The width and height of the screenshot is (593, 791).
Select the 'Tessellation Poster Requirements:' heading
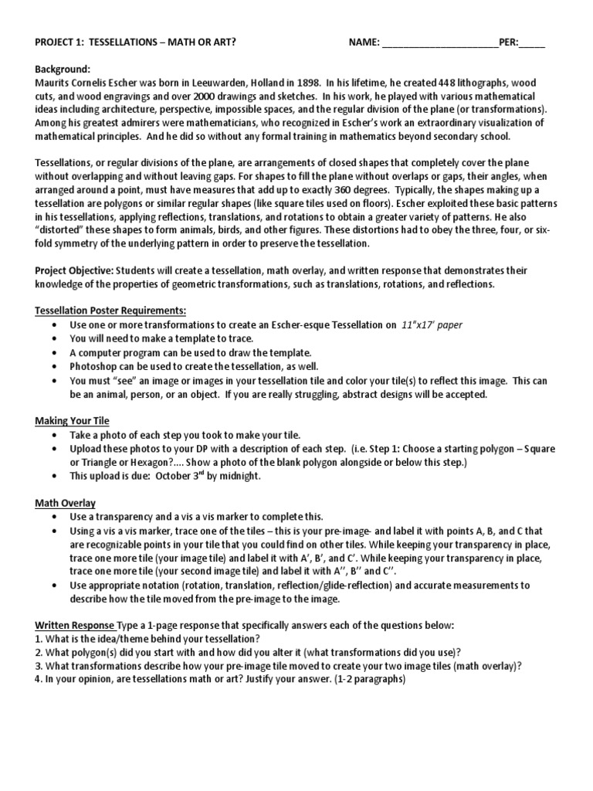[110, 311]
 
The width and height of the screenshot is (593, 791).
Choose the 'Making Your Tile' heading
[72, 421]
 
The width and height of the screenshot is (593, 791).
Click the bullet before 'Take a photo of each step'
[54, 436]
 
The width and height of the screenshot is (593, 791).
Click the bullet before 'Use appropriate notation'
[54, 586]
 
